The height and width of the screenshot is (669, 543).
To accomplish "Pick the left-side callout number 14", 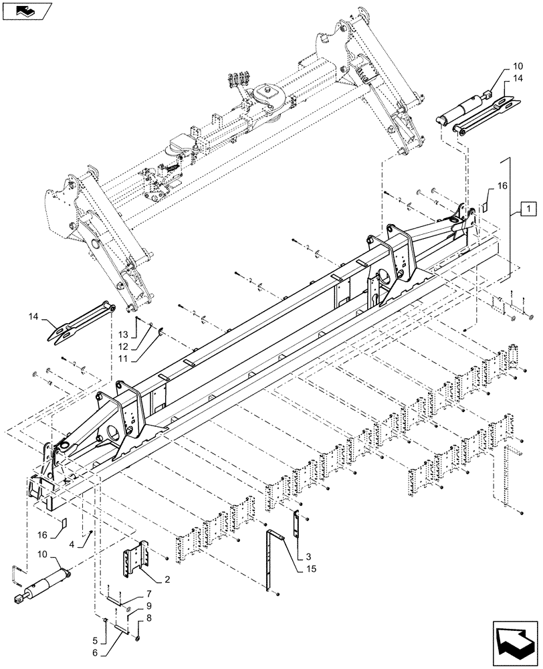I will [35, 314].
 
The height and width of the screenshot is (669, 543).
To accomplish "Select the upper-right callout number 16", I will [502, 185].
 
